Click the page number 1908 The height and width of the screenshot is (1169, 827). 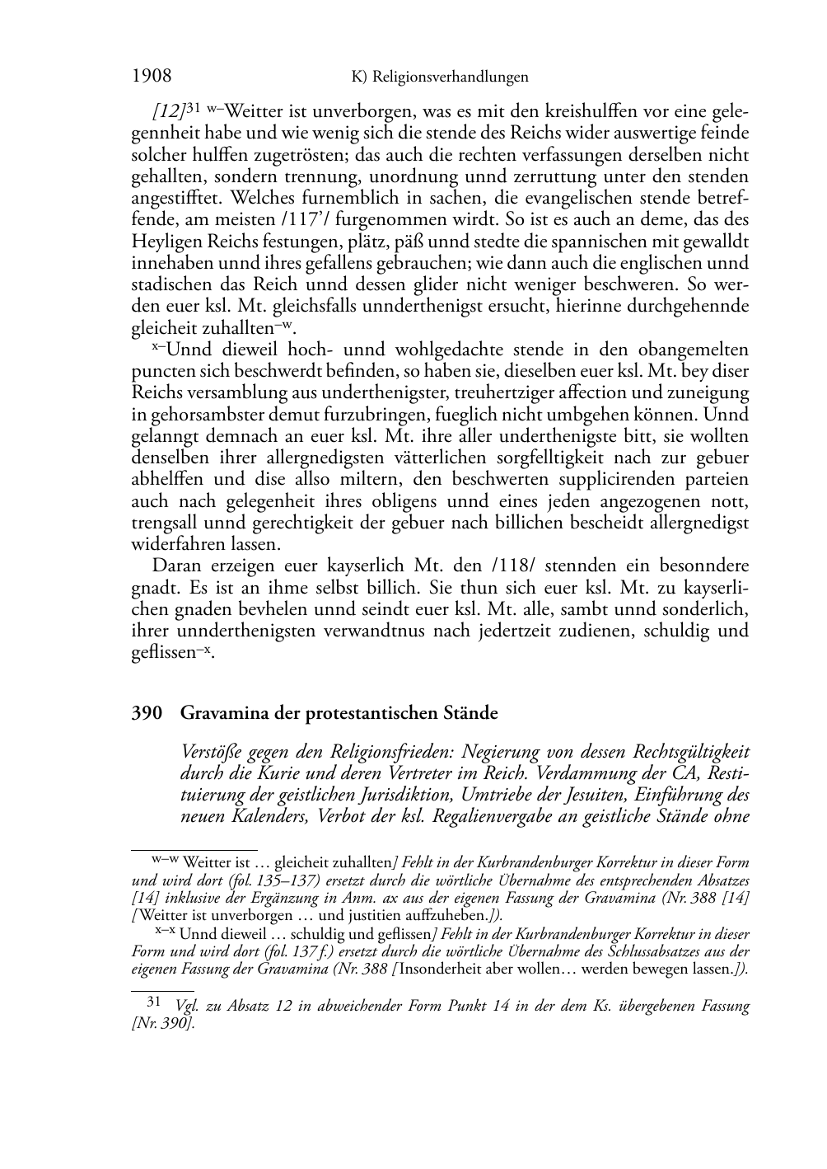pos(152,77)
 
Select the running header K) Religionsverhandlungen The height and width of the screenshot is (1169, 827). pos(439,77)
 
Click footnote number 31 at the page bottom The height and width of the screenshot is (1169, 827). pos(153,1002)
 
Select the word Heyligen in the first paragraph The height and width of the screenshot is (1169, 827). pos(160,242)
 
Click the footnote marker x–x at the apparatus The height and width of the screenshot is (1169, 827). pos(166,933)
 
